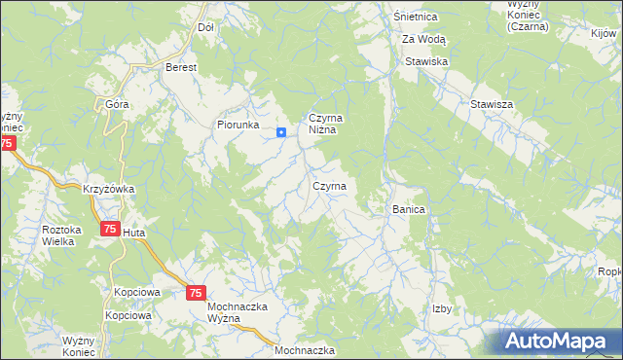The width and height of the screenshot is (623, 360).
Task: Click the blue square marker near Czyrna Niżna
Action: pyautogui.click(x=280, y=133)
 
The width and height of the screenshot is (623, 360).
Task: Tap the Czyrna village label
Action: pyautogui.click(x=328, y=185)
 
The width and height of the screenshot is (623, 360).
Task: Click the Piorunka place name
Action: pyautogui.click(x=238, y=125)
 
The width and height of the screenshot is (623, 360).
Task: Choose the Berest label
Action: pyautogui.click(x=181, y=67)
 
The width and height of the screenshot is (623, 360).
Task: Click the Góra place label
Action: pyautogui.click(x=118, y=102)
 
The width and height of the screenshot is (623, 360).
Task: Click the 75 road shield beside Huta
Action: pyautogui.click(x=109, y=229)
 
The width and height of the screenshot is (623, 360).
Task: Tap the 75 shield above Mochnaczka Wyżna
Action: pyautogui.click(x=196, y=292)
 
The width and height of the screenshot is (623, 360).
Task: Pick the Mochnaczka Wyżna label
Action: pyautogui.click(x=238, y=313)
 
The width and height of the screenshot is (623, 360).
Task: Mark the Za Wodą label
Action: pyautogui.click(x=423, y=39)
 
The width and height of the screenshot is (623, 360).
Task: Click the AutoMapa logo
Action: pyautogui.click(x=559, y=341)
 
